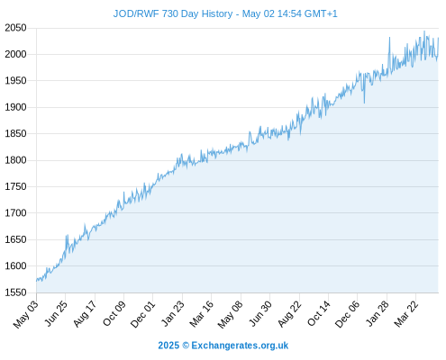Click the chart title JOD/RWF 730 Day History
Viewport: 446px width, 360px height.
point(173,13)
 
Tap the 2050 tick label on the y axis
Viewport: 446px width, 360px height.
point(15,28)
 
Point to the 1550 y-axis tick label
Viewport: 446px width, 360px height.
point(15,292)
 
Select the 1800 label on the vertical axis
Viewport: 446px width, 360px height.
point(15,160)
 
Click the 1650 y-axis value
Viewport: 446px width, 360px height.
point(15,239)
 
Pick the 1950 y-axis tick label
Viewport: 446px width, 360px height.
point(15,81)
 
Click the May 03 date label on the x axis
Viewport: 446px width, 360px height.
point(26,314)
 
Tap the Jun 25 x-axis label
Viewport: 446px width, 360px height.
point(56,313)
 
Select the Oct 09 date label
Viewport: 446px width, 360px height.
point(114,313)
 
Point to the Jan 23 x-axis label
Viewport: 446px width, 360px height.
point(173,313)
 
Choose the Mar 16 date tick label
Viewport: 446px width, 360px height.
point(202,313)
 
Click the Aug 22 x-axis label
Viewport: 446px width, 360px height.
point(289,314)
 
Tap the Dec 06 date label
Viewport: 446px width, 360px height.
point(348,314)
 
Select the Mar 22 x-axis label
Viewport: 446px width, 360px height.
point(406,314)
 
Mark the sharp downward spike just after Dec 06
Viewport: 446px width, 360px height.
point(364,103)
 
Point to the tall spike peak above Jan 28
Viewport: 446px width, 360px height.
point(389,38)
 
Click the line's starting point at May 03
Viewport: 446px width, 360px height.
point(37,281)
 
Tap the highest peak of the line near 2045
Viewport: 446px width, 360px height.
point(424,31)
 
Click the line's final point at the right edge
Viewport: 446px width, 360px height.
point(439,38)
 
